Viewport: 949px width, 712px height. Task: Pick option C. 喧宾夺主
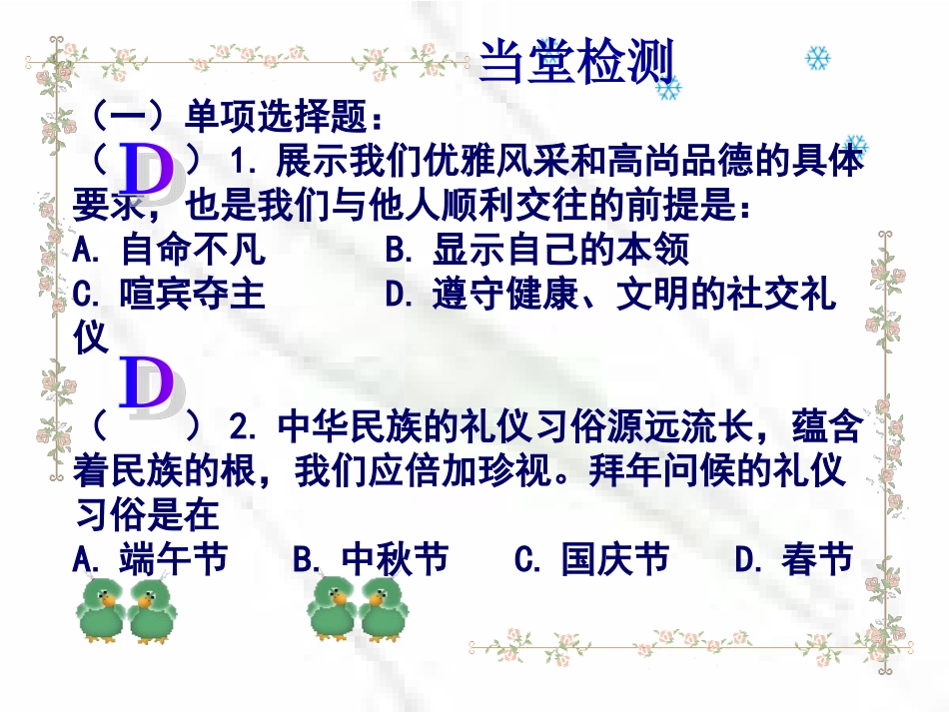click(x=170, y=295)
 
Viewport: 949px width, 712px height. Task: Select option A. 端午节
click(x=151, y=559)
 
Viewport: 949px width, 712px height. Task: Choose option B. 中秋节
click(x=371, y=559)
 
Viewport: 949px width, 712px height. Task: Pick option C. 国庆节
click(x=591, y=559)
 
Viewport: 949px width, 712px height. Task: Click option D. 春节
click(x=794, y=559)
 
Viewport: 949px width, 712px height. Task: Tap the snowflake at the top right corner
click(x=818, y=58)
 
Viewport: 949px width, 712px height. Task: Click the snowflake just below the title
click(x=666, y=90)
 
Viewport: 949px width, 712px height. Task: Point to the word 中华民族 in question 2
click(x=348, y=427)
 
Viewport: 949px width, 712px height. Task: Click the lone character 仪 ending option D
click(x=90, y=337)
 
